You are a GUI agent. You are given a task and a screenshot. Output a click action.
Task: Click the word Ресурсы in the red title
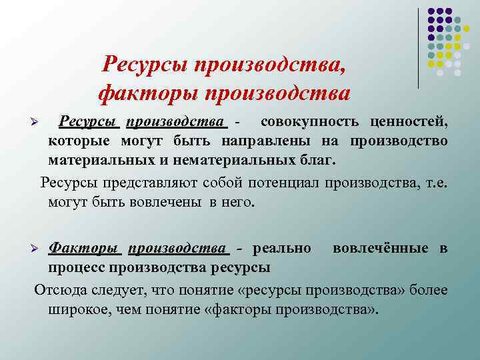pyautogui.click(x=144, y=64)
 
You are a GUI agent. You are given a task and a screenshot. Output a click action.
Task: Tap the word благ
pyautogui.click(x=317, y=160)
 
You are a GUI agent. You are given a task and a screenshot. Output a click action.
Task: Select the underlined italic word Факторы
pyautogui.click(x=83, y=249)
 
